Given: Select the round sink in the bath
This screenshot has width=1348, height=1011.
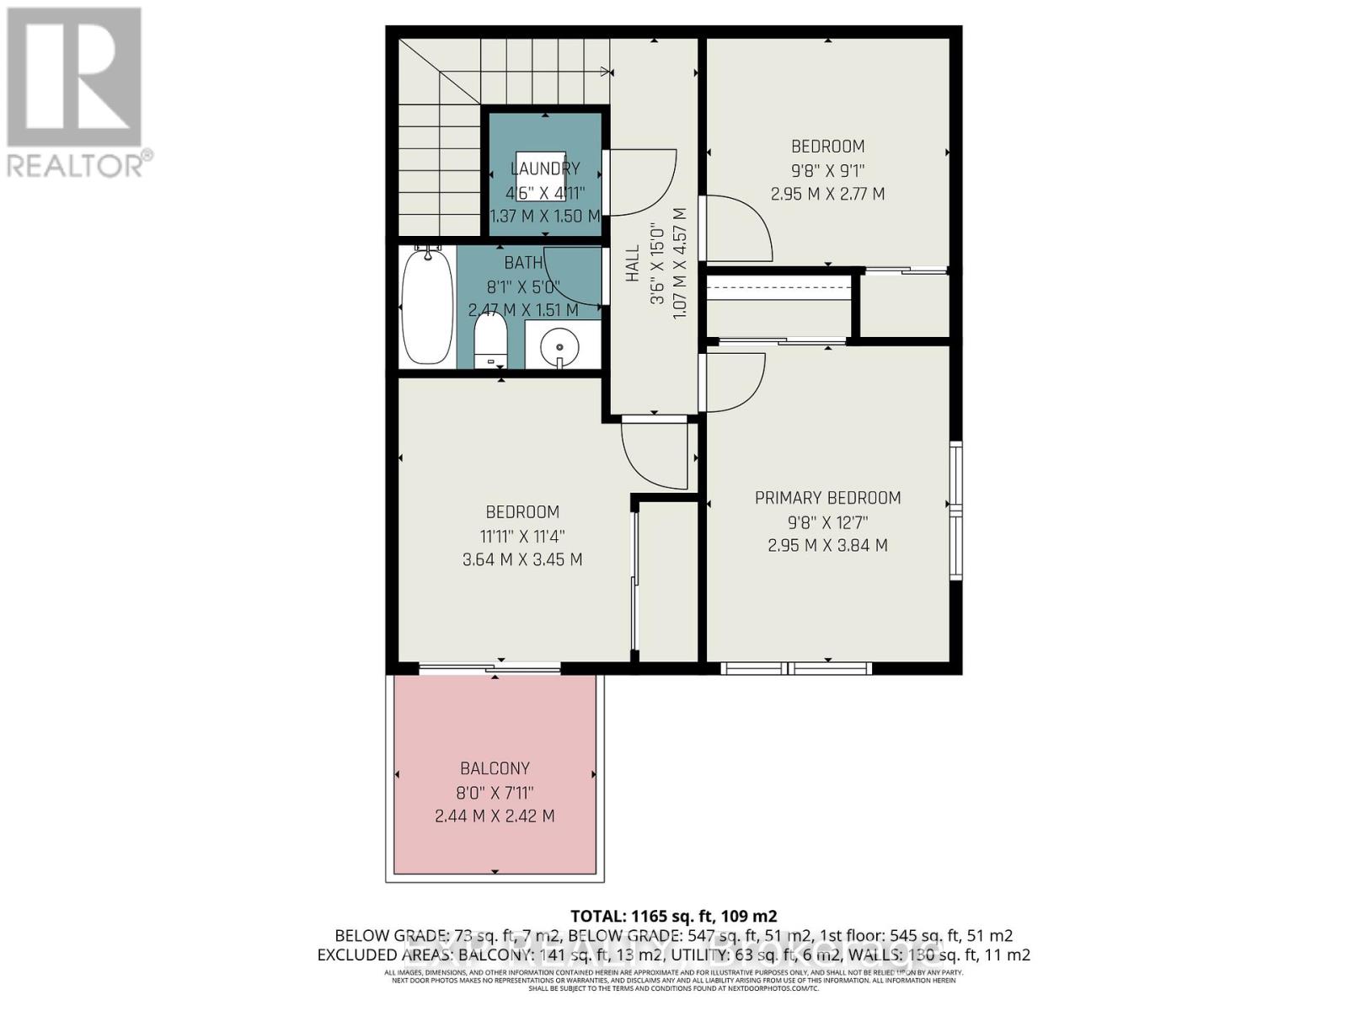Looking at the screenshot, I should click(559, 345).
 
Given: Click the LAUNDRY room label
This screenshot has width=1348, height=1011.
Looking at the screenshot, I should click(545, 168).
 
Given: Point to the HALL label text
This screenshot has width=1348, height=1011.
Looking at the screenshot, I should click(633, 264).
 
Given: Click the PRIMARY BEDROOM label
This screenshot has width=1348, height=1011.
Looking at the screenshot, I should click(827, 498).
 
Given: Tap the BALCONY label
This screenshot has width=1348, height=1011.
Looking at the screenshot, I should click(495, 768).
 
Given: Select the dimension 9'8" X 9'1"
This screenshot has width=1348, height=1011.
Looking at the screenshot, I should click(827, 170).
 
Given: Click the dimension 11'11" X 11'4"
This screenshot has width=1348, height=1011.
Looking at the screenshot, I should click(522, 536).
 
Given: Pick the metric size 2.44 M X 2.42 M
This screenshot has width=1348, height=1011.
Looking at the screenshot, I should click(495, 816).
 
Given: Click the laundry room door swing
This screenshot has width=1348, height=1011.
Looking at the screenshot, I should click(645, 181).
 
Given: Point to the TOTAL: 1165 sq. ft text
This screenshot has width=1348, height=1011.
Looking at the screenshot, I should click(673, 916).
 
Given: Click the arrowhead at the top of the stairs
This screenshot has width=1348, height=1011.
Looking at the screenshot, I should click(605, 72).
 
